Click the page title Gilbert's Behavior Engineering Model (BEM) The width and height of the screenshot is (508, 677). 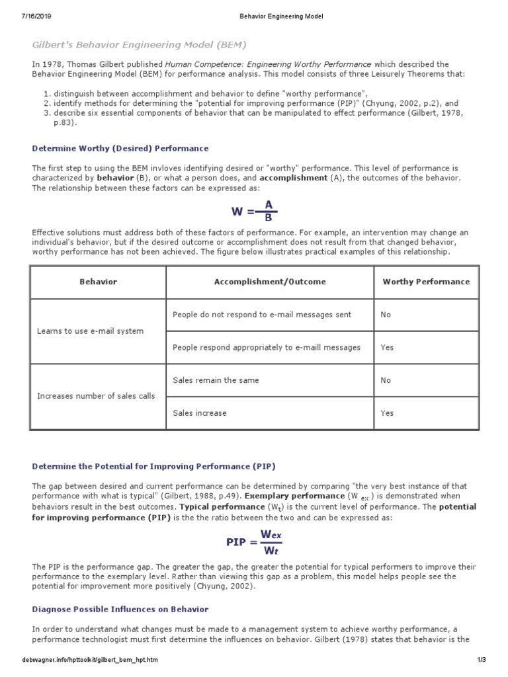[140, 44]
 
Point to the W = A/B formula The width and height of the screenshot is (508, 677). [255, 212]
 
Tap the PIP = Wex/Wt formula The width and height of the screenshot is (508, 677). [254, 541]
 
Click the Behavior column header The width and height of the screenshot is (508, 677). [98, 282]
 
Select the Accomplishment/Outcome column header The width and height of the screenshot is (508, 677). [270, 282]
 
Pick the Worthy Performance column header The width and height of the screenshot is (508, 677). [426, 282]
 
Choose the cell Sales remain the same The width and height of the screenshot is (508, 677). [216, 380]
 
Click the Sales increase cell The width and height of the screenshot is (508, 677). [199, 413]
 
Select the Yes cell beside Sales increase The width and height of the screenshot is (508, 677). [387, 413]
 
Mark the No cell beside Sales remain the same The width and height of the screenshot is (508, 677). [386, 380]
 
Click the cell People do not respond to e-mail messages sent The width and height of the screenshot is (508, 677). [262, 315]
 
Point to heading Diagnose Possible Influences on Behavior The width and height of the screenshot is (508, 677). [120, 608]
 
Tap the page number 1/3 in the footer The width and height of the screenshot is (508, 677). [481, 660]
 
